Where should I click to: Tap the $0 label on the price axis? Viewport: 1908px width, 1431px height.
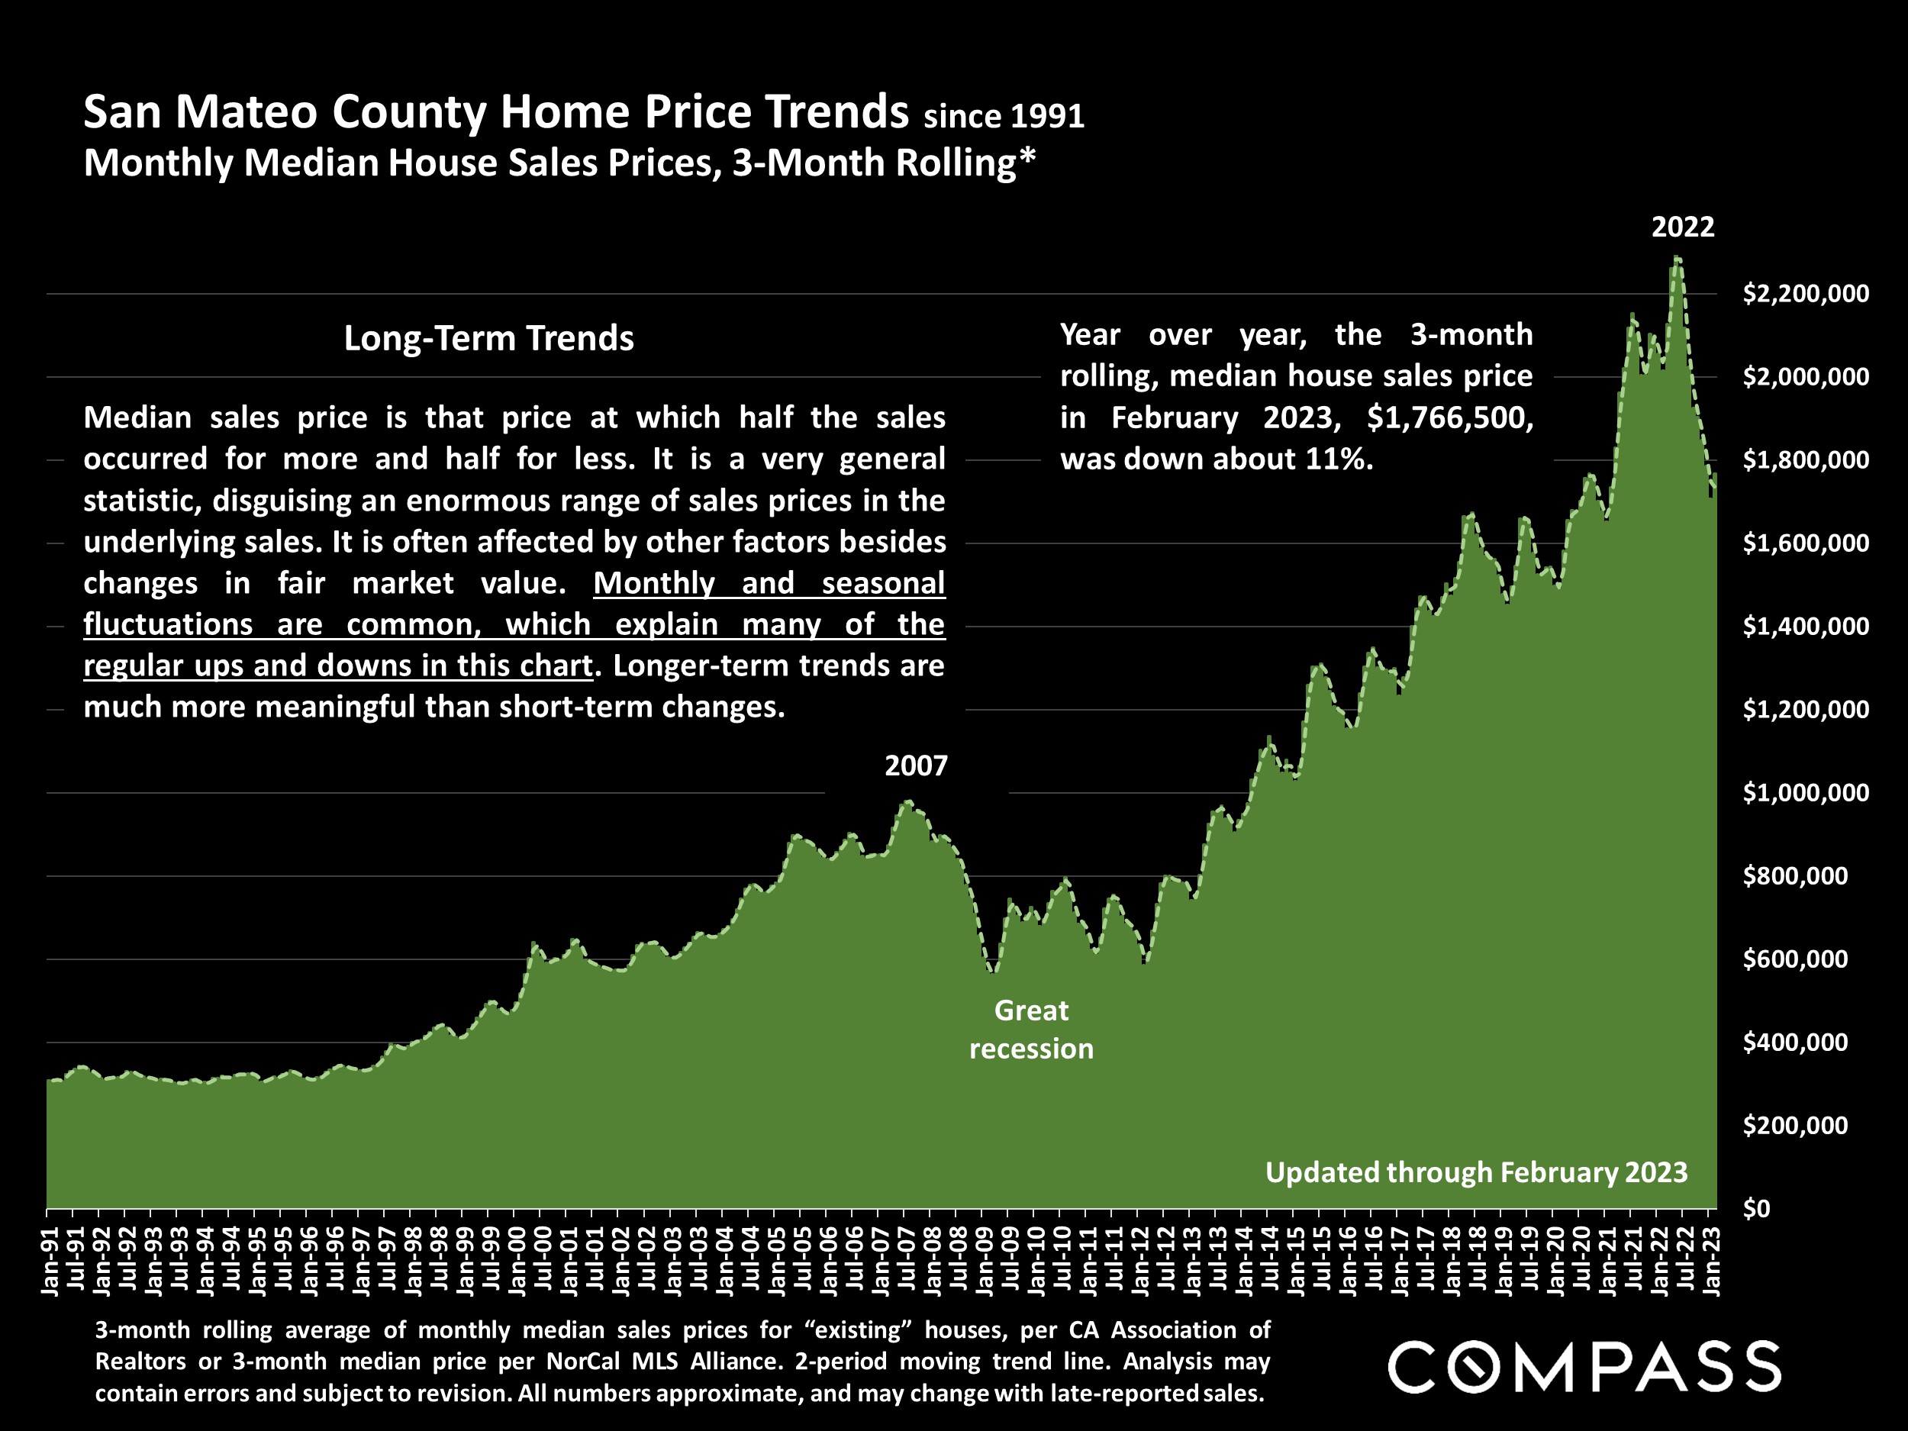click(x=1755, y=1208)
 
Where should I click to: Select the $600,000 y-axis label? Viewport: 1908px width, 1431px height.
click(x=1795, y=959)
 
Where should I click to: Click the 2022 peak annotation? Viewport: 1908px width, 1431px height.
click(x=1682, y=227)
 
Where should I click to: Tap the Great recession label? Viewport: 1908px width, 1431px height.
click(x=1031, y=1029)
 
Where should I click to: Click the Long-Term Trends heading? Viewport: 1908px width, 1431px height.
click(x=488, y=338)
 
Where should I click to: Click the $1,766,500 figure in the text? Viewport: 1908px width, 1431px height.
click(x=1450, y=417)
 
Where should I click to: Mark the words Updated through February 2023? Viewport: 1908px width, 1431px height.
click(x=1476, y=1172)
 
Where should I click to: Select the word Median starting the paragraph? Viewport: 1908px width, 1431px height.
click(x=137, y=417)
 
